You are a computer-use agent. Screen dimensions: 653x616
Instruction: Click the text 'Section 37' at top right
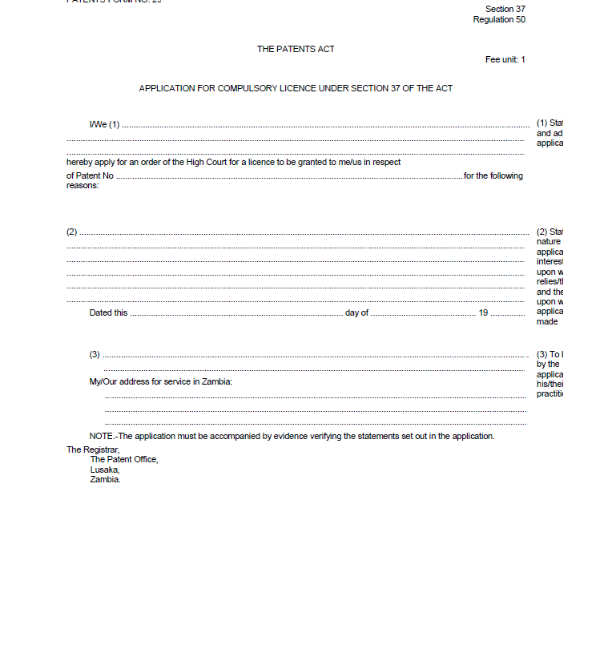tap(505, 9)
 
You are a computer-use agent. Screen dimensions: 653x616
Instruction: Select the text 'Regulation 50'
tap(499, 19)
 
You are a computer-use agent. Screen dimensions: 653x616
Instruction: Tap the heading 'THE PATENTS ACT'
tap(296, 49)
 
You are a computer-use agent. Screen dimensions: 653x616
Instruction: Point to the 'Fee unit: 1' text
tap(505, 59)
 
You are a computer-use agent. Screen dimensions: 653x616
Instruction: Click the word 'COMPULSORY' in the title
tap(240, 88)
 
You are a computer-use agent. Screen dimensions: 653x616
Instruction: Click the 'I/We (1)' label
tap(104, 124)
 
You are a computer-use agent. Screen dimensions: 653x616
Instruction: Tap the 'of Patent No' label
tap(90, 175)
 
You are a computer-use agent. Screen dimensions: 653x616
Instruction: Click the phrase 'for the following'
tap(493, 175)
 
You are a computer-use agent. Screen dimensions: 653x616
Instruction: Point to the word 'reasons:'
tap(83, 185)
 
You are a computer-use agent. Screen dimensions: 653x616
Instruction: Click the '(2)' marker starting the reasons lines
tap(71, 232)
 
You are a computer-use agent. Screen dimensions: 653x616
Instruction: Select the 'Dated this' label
tap(108, 312)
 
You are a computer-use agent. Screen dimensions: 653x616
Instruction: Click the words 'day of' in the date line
tap(356, 312)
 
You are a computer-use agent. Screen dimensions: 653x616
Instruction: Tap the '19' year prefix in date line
tap(483, 312)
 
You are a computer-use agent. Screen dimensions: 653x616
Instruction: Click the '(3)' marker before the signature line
tap(95, 354)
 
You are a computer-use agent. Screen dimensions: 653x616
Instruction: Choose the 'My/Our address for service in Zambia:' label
tap(161, 381)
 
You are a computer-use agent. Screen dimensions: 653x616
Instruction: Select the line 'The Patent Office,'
tap(124, 459)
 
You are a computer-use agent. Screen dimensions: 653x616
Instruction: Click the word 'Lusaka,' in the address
tap(105, 470)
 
